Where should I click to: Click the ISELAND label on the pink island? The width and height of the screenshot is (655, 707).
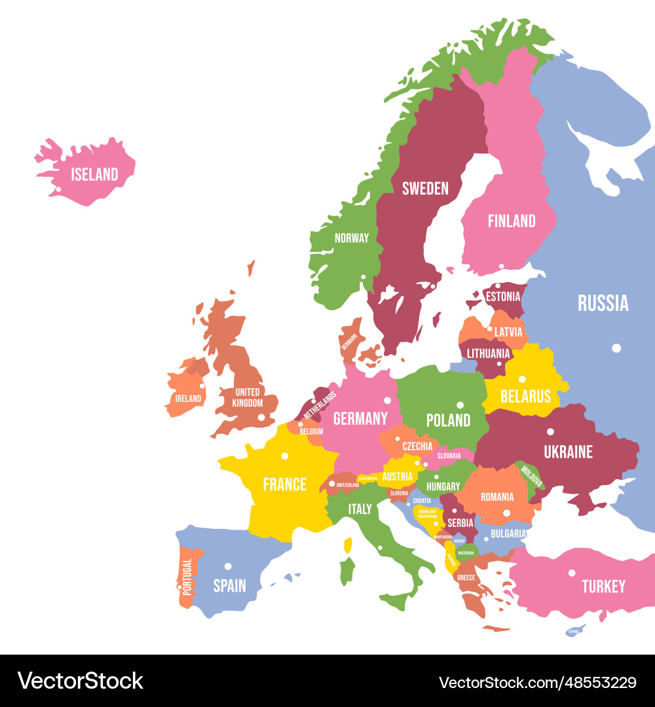(x=94, y=174)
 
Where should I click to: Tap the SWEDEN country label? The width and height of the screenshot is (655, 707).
(x=425, y=189)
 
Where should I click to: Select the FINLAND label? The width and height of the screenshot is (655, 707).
(x=512, y=221)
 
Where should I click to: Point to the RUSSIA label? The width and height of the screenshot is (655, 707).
(x=603, y=303)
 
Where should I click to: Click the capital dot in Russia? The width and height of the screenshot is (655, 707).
(x=616, y=348)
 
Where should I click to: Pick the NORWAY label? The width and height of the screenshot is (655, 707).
(x=352, y=238)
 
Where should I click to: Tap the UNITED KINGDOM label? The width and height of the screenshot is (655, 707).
(x=248, y=397)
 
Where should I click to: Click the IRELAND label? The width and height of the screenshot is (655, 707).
(x=188, y=398)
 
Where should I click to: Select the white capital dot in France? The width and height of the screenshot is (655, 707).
(x=284, y=456)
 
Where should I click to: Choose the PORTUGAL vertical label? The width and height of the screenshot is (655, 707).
(x=187, y=576)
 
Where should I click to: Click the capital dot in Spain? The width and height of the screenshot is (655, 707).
(x=228, y=566)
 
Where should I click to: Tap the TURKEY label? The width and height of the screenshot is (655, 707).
(x=603, y=587)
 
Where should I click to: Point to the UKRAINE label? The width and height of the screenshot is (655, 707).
(x=568, y=452)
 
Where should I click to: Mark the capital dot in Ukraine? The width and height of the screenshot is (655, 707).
(x=550, y=431)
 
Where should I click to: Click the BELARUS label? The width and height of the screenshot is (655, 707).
(x=525, y=396)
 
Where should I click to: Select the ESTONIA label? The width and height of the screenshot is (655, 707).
(x=503, y=297)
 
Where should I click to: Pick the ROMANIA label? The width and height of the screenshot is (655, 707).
(x=497, y=497)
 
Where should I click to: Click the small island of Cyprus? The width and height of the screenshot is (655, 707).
(x=574, y=631)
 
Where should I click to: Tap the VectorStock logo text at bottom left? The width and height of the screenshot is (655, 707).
(x=81, y=681)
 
